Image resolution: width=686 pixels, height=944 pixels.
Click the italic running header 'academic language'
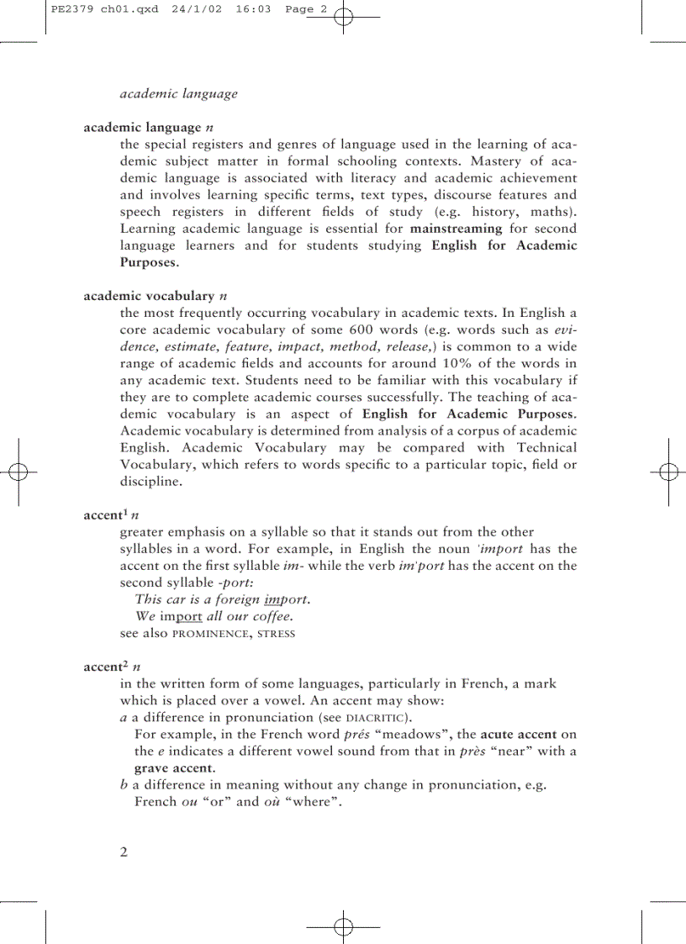(x=178, y=93)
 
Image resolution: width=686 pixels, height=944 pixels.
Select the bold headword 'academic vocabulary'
(x=149, y=296)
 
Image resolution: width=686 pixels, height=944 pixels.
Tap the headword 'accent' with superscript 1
(x=105, y=515)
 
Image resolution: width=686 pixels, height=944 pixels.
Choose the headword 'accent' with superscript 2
(x=105, y=667)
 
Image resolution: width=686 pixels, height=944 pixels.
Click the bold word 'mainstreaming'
(x=456, y=228)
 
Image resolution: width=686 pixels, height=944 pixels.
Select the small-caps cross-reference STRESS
(x=276, y=633)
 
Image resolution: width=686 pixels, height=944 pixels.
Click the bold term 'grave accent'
(x=173, y=768)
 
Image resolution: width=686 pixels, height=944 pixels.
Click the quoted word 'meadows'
(x=414, y=734)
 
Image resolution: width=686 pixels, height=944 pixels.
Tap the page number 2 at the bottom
(x=124, y=852)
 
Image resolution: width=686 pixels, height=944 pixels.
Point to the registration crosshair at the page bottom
(x=343, y=926)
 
